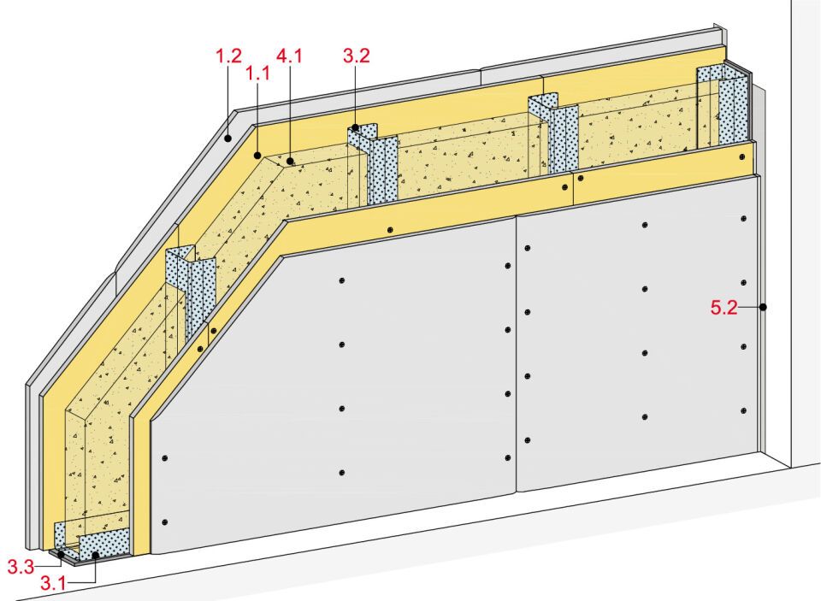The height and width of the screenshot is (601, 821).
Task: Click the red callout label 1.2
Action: pos(229,56)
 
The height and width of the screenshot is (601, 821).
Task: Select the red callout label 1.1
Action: pos(258,74)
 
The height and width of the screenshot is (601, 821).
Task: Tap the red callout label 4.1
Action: pos(289,56)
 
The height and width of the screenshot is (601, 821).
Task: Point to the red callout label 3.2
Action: pos(357,56)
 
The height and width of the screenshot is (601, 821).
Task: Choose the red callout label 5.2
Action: pos(724,308)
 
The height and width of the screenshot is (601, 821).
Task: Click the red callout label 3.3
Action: pos(21,567)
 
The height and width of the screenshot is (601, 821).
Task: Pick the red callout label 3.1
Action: pos(53,583)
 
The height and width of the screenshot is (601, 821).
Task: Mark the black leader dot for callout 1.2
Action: pos(227,138)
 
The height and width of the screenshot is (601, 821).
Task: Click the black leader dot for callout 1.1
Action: pos(257,155)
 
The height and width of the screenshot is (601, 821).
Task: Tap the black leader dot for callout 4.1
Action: pos(290,162)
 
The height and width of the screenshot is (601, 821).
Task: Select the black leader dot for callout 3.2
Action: pos(356,127)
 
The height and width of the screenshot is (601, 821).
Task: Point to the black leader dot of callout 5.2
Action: pos(764,307)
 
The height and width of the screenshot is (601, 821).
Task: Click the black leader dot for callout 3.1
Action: pos(95,556)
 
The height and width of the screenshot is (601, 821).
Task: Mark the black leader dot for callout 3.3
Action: pos(62,553)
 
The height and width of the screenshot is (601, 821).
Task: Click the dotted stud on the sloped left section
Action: pos(192,293)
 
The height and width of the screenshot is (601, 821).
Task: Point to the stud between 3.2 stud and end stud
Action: pos(557,133)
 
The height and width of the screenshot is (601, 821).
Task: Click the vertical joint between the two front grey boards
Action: pos(517,353)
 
